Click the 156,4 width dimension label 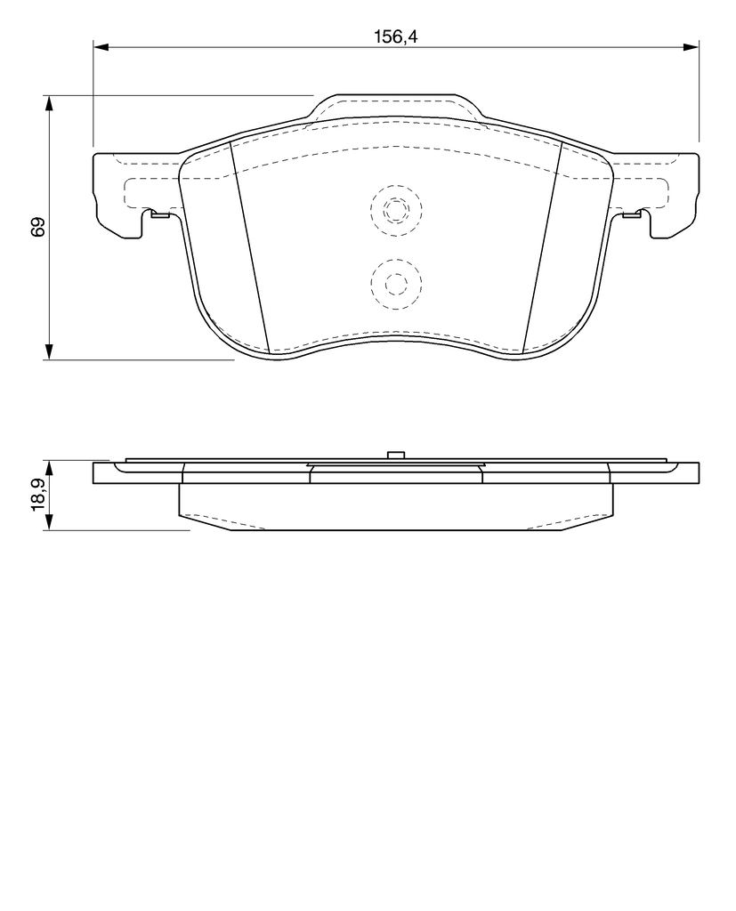(x=395, y=36)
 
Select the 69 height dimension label (x=38, y=227)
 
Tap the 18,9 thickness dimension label (x=39, y=496)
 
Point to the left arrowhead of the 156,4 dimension (x=101, y=47)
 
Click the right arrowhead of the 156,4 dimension (x=691, y=47)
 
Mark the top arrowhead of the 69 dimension (x=50, y=103)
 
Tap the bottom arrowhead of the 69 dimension (x=50, y=351)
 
